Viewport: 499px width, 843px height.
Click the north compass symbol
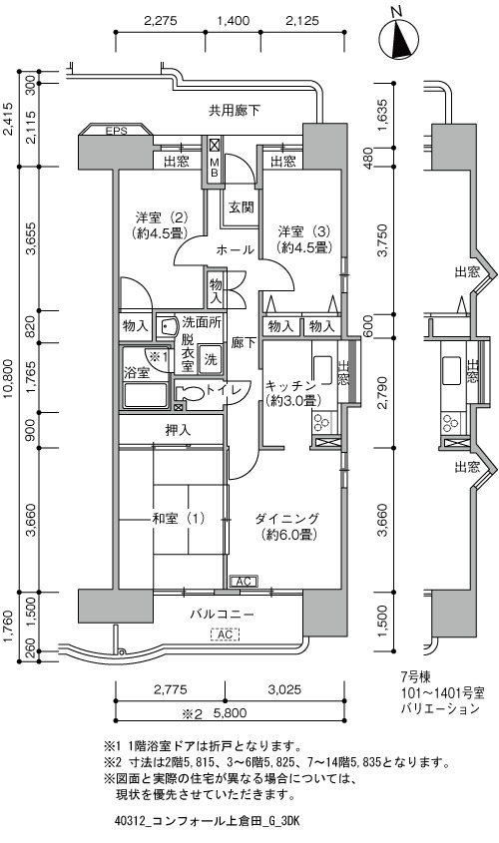[399, 36]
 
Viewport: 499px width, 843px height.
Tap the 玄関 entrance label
[241, 207]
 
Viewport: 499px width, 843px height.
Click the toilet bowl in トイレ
[190, 392]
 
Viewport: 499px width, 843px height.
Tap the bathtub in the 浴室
[145, 396]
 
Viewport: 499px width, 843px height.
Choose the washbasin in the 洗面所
[168, 326]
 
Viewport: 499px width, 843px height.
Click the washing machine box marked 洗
[211, 358]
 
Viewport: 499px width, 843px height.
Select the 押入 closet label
[178, 430]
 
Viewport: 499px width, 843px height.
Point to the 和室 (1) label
[179, 519]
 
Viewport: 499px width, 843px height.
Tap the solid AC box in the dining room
[244, 582]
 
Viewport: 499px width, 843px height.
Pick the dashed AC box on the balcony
[226, 634]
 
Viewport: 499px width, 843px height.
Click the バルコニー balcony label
[222, 614]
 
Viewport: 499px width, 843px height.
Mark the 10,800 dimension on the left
[9, 381]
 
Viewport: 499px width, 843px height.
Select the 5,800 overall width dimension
[231, 713]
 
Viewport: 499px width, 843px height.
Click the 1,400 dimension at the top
[233, 21]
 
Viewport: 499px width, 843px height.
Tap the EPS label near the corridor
[116, 131]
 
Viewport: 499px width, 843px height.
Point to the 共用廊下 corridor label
[235, 111]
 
